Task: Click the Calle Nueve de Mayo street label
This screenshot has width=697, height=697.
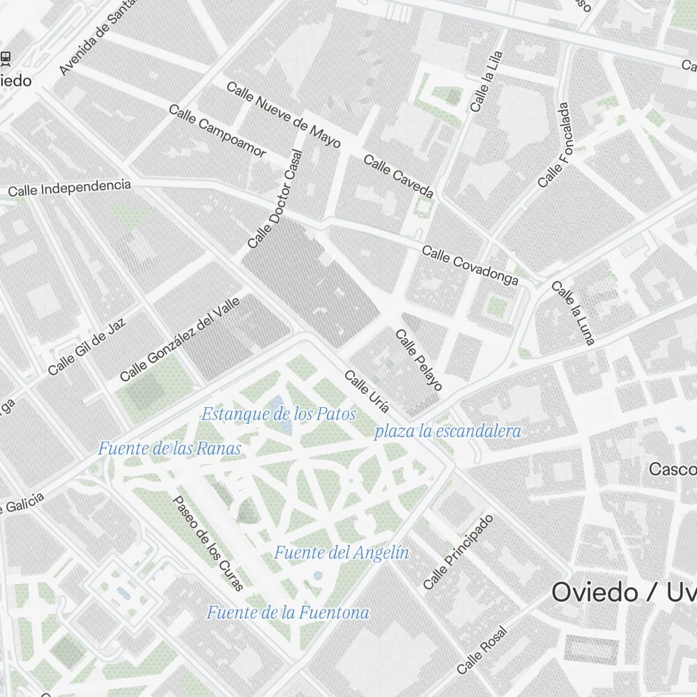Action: (x=283, y=115)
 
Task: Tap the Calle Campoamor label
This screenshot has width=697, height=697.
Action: (x=217, y=130)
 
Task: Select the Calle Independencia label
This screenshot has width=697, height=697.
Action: (x=69, y=188)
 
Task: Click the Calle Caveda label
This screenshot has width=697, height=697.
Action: (x=399, y=176)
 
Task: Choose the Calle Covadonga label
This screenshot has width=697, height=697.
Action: (x=470, y=266)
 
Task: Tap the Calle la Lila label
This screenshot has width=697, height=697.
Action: (x=486, y=82)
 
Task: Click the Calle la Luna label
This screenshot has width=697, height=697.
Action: (x=574, y=313)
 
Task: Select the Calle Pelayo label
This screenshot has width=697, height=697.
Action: (x=419, y=360)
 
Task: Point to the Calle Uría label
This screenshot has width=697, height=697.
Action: (x=367, y=392)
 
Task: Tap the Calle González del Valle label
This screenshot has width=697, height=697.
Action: (x=180, y=339)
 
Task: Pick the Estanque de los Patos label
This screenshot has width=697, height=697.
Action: (x=279, y=414)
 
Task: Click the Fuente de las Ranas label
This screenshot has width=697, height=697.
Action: (x=169, y=448)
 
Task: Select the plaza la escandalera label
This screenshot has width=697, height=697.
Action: (x=447, y=431)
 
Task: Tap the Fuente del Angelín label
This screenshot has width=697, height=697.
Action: (x=341, y=553)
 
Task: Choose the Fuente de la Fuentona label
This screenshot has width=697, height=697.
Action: (x=288, y=613)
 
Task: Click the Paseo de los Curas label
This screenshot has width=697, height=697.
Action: (x=208, y=543)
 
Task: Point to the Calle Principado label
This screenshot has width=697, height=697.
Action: (x=458, y=551)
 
